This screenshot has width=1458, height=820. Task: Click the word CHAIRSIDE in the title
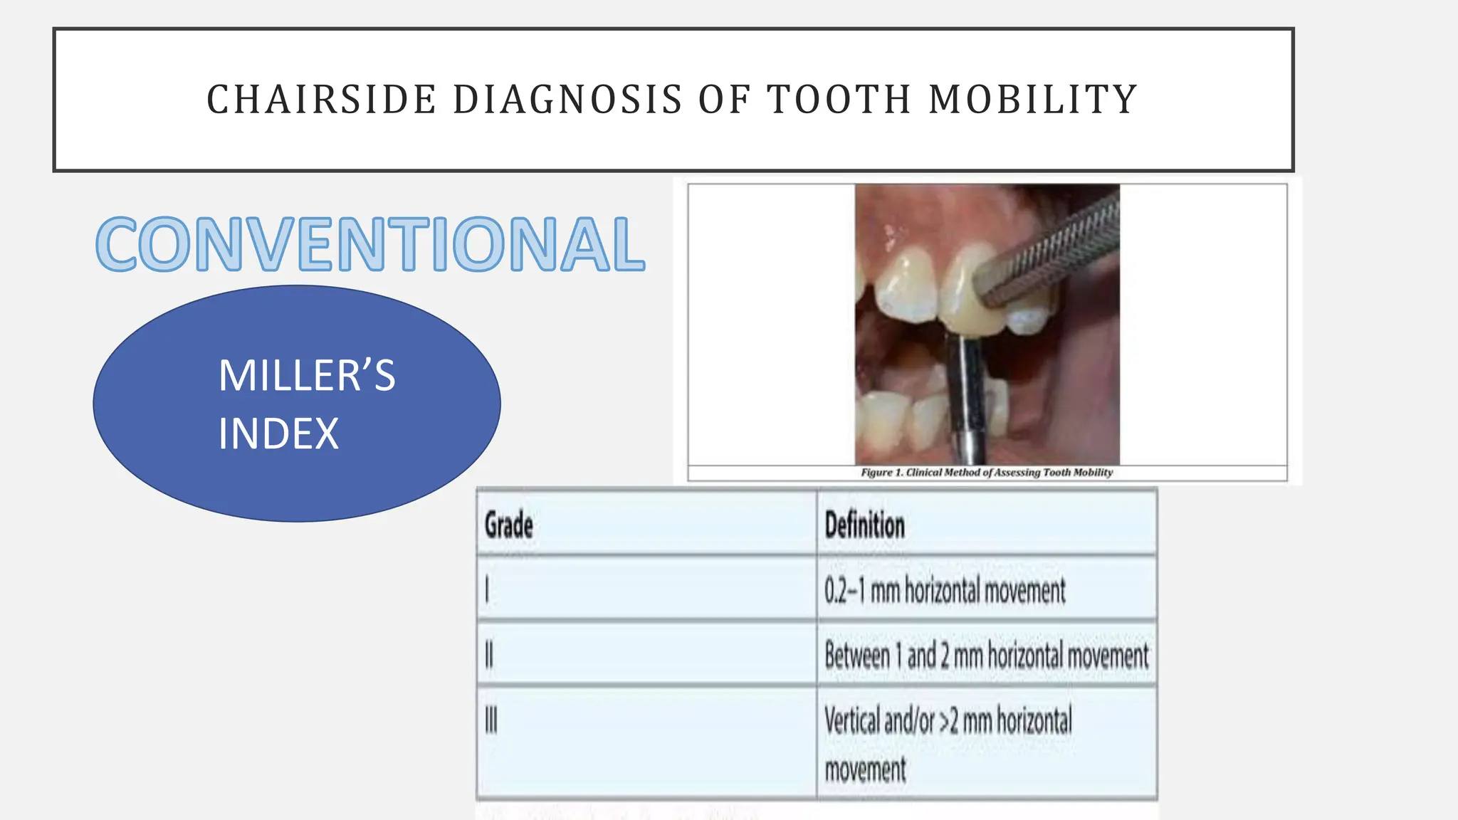321,100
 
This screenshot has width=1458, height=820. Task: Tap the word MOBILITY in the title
1033,100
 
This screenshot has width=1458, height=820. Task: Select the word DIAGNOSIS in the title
567,100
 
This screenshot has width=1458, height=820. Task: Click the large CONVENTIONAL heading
370,244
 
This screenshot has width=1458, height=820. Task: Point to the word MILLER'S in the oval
306,376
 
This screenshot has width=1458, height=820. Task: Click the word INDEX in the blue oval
278,434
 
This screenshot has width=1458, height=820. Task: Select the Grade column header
509,525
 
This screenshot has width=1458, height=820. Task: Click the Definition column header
864,525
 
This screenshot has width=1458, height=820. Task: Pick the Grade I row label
487,590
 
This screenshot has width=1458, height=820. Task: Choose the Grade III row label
491,720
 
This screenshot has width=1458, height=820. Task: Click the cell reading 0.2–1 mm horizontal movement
945,590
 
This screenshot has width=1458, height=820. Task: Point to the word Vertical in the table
851,720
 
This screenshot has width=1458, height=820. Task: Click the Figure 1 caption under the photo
986,473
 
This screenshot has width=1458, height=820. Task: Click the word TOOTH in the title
839,100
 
